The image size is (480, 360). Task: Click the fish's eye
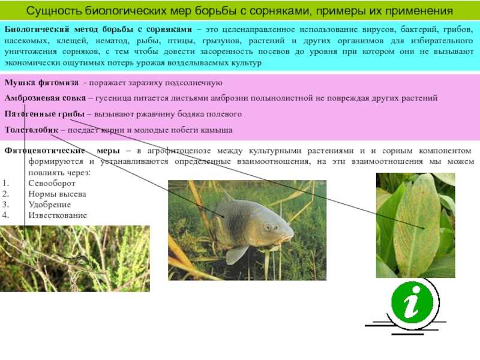[268, 227]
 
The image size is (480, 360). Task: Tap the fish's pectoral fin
[236, 254]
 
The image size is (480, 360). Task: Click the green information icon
[412, 303]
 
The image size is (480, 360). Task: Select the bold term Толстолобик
[31, 130]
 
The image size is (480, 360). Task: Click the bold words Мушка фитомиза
[41, 83]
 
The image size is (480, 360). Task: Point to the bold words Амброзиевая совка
[45, 98]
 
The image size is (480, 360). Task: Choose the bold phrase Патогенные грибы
[44, 114]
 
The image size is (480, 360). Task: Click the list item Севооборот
[52, 183]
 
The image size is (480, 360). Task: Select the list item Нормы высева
[57, 194]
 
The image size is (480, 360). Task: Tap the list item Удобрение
[50, 205]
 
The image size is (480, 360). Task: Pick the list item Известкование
[58, 215]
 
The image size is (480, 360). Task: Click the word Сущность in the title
[54, 11]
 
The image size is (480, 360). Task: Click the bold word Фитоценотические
[44, 151]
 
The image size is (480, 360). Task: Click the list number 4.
[5, 215]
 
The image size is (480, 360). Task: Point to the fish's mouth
[290, 236]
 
